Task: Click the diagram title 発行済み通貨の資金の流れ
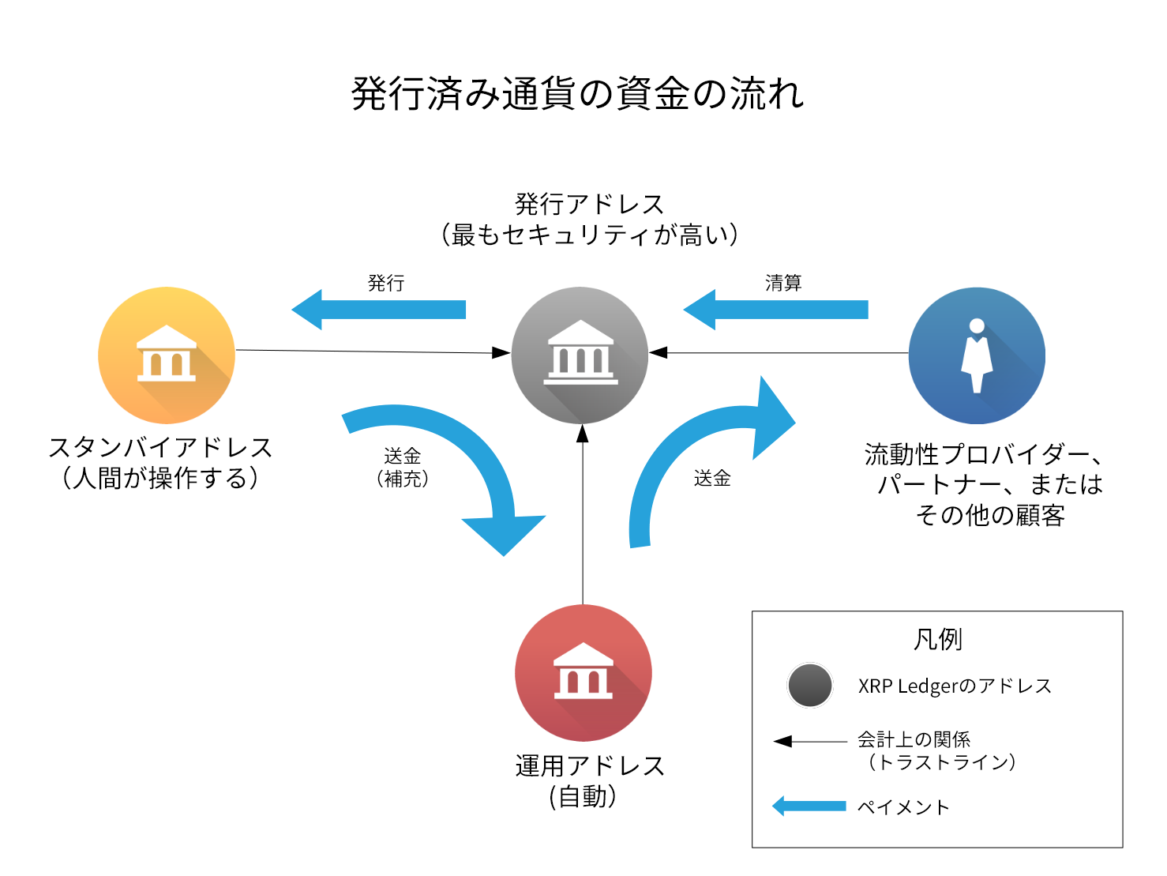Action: (578, 94)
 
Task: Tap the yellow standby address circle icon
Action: (167, 355)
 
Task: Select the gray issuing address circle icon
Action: (580, 355)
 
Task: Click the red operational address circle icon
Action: (583, 673)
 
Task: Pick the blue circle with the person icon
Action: (977, 355)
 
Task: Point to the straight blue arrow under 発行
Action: (379, 310)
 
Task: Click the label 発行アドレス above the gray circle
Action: (589, 205)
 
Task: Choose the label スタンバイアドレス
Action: (160, 448)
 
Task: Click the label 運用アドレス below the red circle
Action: (589, 766)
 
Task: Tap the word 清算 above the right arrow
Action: (783, 283)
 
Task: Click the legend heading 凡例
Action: (937, 639)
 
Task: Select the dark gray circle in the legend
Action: (810, 686)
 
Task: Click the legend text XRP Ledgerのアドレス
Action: (955, 686)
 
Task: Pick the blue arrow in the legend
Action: (809, 806)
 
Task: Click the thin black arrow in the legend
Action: (809, 741)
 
